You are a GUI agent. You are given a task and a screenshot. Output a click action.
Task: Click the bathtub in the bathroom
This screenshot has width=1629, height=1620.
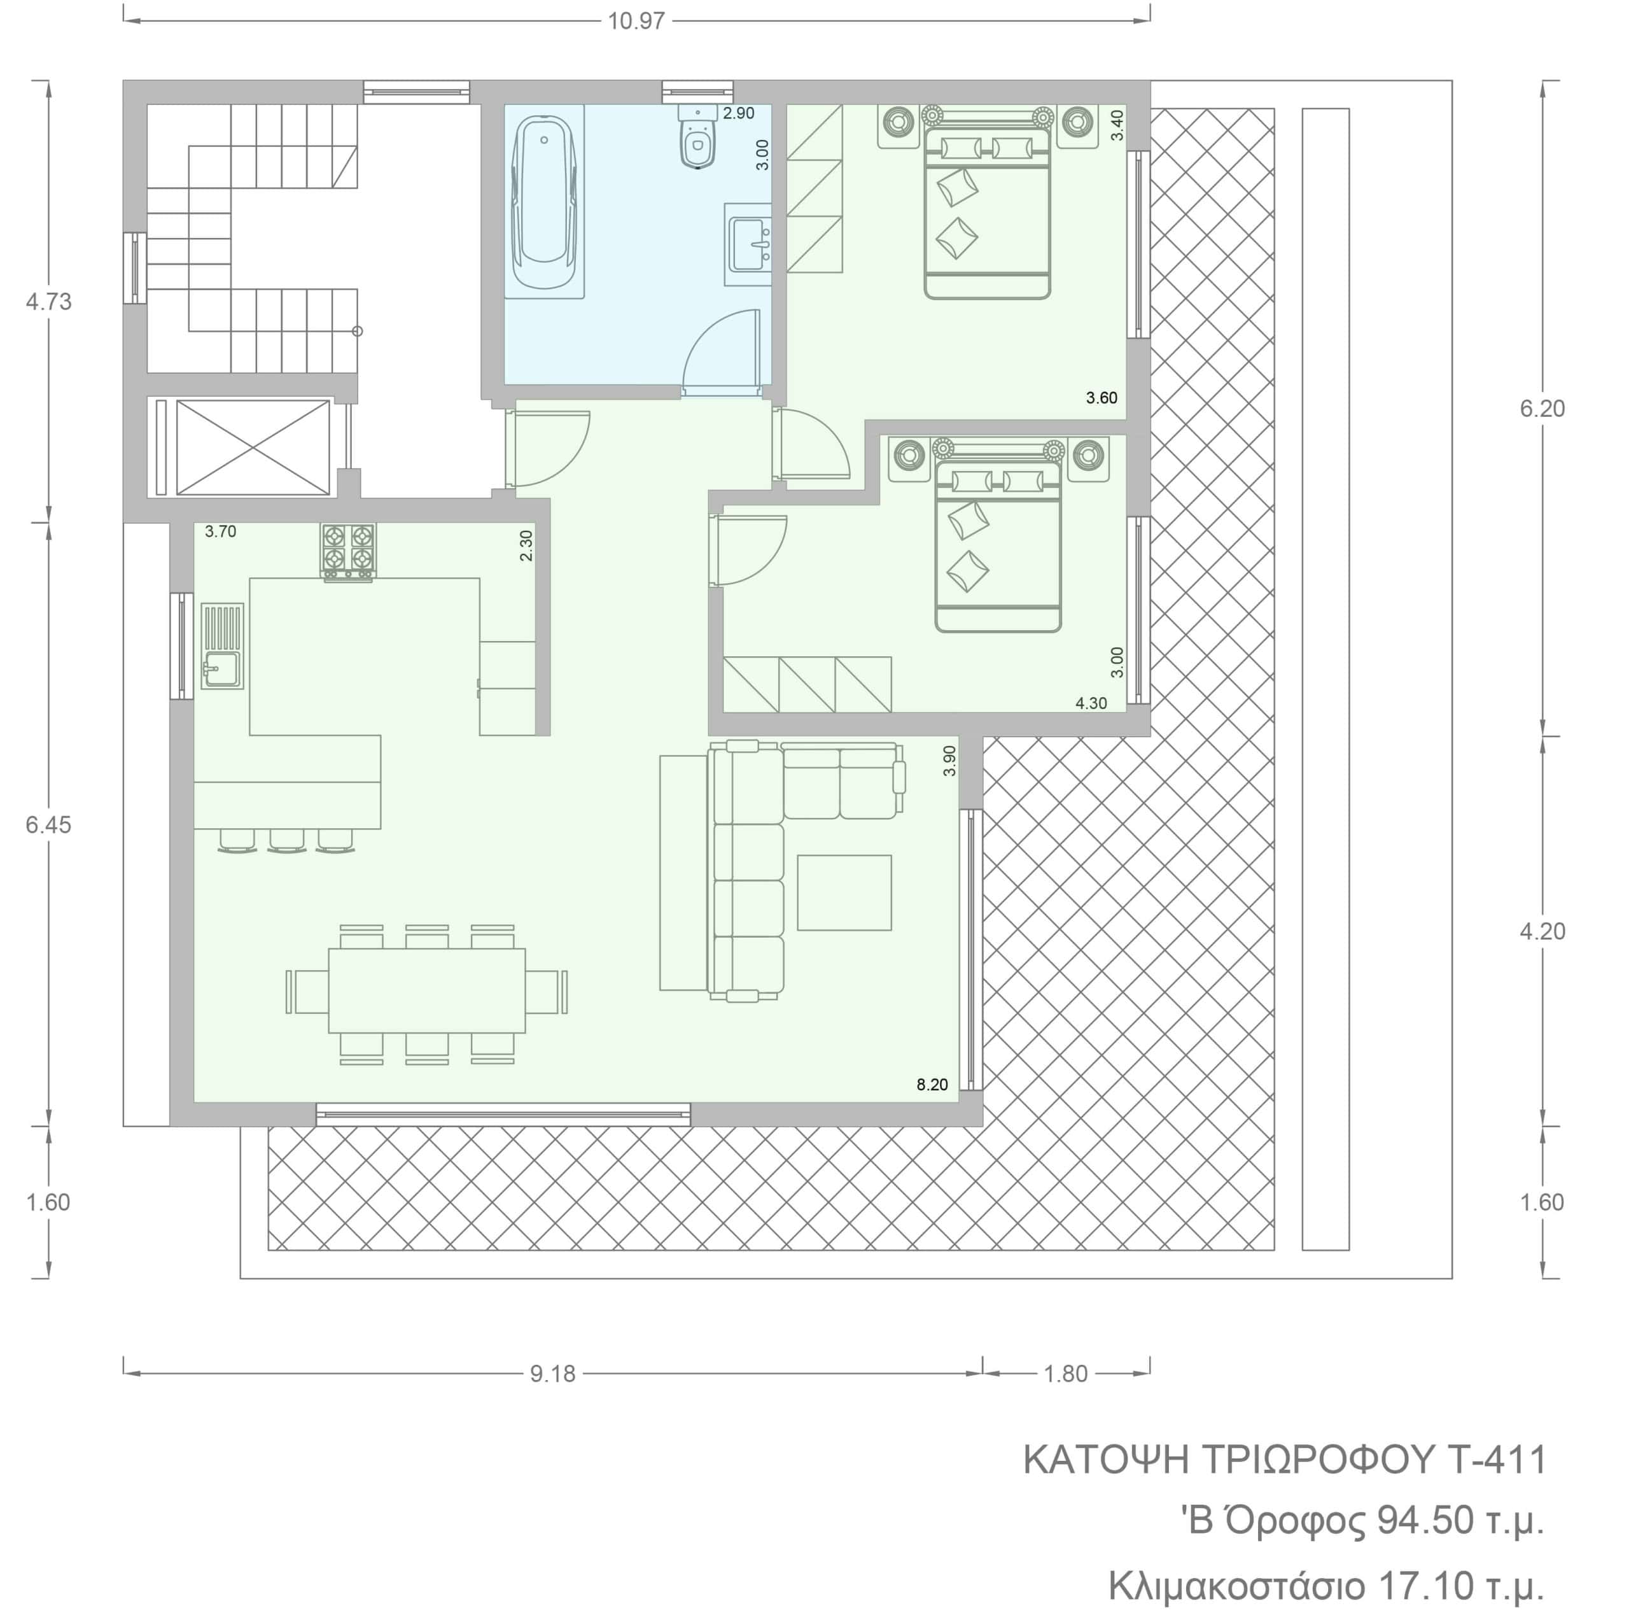click(x=544, y=202)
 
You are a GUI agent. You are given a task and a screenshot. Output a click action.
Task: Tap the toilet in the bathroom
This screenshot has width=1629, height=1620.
click(x=696, y=137)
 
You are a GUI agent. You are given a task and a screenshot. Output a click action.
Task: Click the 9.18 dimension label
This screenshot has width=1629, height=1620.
click(x=553, y=1374)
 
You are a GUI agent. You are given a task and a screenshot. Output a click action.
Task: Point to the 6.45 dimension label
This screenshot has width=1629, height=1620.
click(x=49, y=825)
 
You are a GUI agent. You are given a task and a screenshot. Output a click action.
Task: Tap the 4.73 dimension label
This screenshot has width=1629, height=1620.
click(x=49, y=302)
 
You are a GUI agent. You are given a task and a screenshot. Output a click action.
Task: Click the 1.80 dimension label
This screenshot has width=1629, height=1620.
click(x=1066, y=1374)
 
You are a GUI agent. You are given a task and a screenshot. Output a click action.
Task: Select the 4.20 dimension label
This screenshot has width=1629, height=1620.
click(x=1542, y=931)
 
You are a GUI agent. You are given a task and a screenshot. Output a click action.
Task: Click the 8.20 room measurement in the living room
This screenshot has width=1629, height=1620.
click(x=933, y=1085)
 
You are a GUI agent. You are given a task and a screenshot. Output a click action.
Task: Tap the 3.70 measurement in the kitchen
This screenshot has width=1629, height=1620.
click(x=221, y=532)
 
